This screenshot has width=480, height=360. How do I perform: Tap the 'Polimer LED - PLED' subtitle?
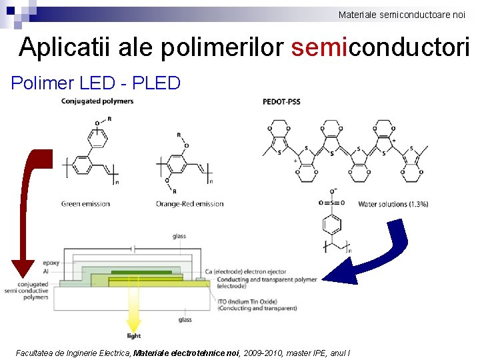pyautogui.click(x=96, y=83)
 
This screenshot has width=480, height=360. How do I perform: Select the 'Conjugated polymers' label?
pyautogui.click(x=97, y=101)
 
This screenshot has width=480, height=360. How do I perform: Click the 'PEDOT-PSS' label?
pyautogui.click(x=282, y=102)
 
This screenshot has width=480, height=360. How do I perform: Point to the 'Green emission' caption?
pyautogui.click(x=85, y=204)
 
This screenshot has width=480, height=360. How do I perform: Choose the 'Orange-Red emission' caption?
pyautogui.click(x=190, y=204)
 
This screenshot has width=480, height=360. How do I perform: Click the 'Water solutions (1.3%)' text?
pyautogui.click(x=393, y=204)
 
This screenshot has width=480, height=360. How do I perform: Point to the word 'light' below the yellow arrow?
pyautogui.click(x=134, y=335)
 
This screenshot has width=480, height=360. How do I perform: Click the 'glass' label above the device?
pyautogui.click(x=179, y=236)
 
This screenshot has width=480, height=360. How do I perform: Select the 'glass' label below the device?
pyautogui.click(x=185, y=320)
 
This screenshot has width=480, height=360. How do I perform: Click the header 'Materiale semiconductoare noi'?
pyautogui.click(x=401, y=15)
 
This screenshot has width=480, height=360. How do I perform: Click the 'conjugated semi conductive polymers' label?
pyautogui.click(x=27, y=291)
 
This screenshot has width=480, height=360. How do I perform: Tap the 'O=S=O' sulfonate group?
pyautogui.click(x=331, y=202)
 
